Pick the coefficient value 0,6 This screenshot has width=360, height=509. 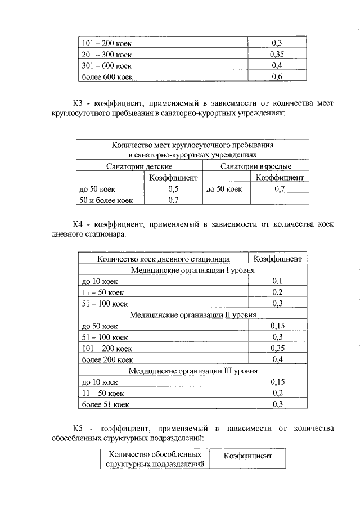click(276, 76)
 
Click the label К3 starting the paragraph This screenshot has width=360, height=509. click(78, 103)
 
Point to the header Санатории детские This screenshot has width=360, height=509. click(139, 166)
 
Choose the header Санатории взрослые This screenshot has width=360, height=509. click(255, 166)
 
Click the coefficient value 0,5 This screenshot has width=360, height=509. click(173, 189)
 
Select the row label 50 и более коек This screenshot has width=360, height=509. click(106, 200)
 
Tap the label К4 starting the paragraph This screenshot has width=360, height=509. click(78, 224)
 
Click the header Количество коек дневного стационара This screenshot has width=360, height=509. click(163, 259)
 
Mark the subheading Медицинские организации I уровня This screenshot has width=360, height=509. click(193, 270)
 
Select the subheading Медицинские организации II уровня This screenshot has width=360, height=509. click(193, 315)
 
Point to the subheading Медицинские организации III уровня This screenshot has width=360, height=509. click(193, 371)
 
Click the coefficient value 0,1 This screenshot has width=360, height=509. click(277, 281)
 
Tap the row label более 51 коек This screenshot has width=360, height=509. click(106, 404)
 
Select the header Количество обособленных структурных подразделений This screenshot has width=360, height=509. click(155, 458)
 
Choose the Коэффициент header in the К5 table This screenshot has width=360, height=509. click(247, 456)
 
